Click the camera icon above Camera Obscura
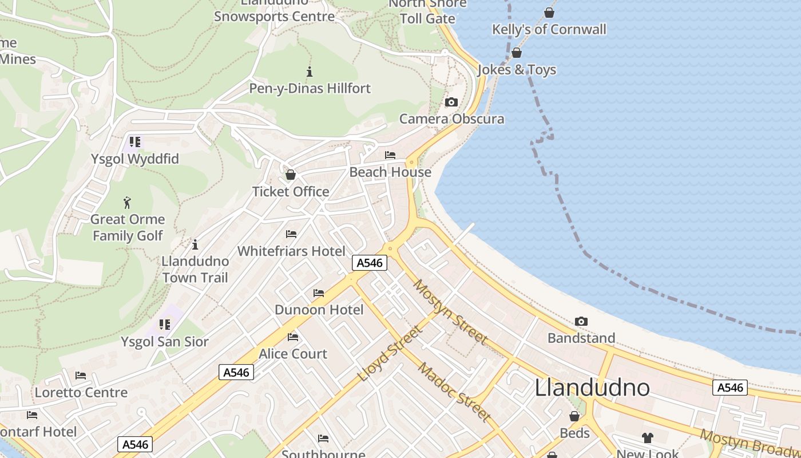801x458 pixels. tap(451, 102)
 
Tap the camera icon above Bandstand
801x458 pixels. tap(581, 322)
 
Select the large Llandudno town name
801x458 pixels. tap(592, 388)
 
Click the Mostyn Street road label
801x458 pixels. tap(451, 311)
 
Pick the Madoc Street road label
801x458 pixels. tap(454, 392)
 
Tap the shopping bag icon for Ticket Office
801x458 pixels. tap(291, 175)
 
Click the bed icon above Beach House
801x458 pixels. tap(390, 155)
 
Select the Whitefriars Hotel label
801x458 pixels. tap(291, 251)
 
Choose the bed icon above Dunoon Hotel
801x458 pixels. tap(319, 293)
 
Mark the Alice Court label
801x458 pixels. tap(293, 354)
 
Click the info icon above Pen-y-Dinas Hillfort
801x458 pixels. tap(310, 72)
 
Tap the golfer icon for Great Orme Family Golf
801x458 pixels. tap(127, 203)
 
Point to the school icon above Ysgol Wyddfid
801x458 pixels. tap(134, 141)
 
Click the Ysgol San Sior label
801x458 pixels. tap(165, 342)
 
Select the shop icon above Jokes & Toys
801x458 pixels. tap(517, 53)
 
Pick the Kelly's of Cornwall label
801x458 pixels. tap(549, 29)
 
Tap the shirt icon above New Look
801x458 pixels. tap(647, 438)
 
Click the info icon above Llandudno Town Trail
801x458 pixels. tap(195, 244)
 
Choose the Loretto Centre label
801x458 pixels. tap(81, 393)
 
